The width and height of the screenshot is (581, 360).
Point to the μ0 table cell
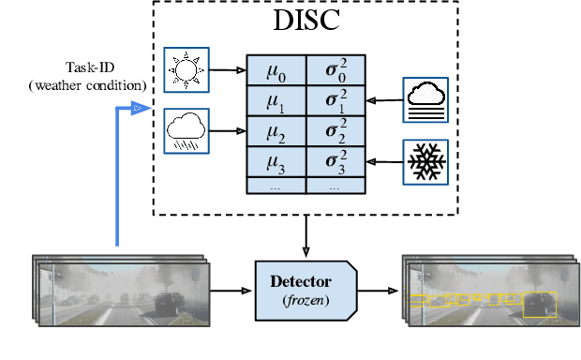tap(276, 68)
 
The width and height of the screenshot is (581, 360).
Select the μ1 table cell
tap(276, 99)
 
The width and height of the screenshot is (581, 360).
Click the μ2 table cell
tap(276, 130)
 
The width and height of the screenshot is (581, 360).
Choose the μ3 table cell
tap(276, 161)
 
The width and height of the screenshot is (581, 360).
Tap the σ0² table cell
tap(335, 68)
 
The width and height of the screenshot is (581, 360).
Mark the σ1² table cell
tap(335, 99)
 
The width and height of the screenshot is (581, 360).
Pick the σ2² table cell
tap(335, 130)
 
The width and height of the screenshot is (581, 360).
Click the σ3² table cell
tap(335, 161)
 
